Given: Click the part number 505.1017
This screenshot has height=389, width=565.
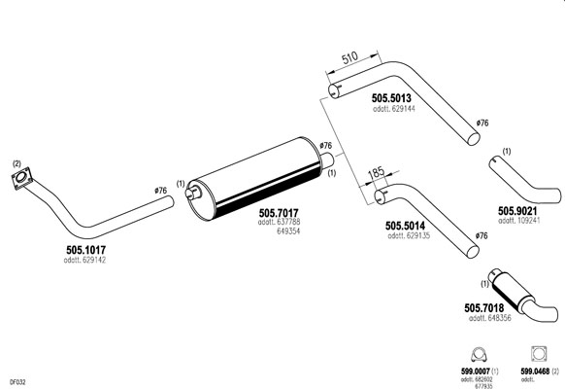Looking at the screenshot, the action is (x=85, y=250).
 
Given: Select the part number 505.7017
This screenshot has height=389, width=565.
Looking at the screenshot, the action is (x=279, y=213).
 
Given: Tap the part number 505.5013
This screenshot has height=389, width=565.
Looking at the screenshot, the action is (x=391, y=98).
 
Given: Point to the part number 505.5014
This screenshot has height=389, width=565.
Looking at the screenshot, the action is (x=405, y=226).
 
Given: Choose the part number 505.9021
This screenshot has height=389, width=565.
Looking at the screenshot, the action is (x=517, y=211).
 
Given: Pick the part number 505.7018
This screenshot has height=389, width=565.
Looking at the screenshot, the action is (x=483, y=308).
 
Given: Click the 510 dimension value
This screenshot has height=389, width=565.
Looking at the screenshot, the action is (x=349, y=57).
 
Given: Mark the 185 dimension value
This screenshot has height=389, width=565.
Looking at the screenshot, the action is (x=377, y=172).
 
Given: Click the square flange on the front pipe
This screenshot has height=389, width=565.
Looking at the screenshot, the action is (x=21, y=178).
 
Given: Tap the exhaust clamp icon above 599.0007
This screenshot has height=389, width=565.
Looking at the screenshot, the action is (x=479, y=354).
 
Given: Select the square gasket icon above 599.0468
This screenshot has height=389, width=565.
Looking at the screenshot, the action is (x=539, y=354).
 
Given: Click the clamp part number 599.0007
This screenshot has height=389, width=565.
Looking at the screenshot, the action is (x=476, y=371).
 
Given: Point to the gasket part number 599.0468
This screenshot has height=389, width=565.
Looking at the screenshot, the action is (x=535, y=371).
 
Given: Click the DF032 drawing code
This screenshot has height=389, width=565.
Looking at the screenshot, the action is (x=17, y=382).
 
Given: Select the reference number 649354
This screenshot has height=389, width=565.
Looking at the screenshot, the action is (x=288, y=230).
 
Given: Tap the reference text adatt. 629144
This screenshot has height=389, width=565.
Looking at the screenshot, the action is (x=394, y=108).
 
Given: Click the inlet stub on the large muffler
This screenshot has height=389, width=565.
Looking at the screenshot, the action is (x=193, y=192).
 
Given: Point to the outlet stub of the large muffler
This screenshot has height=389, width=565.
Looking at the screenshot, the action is (x=327, y=159).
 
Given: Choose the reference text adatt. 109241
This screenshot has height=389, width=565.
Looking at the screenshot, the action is (x=519, y=221).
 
